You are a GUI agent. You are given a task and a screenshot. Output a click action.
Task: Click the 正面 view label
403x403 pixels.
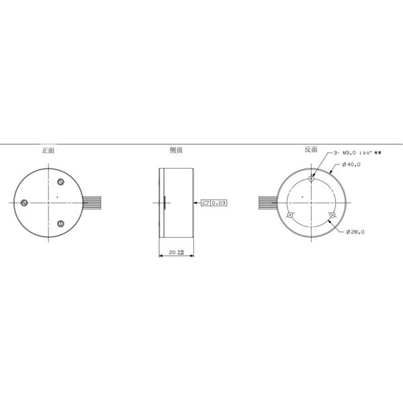tap(48, 150)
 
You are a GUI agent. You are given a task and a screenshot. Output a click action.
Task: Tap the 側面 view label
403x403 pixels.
tap(177, 151)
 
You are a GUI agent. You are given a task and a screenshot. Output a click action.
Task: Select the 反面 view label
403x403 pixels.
tap(310, 150)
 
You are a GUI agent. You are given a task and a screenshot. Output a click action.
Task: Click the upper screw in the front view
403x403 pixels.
tap(61, 182)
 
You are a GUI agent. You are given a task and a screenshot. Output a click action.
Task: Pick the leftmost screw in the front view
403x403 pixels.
tap(24, 202)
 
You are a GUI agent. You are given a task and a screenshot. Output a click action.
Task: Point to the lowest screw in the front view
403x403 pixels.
tap(61, 224)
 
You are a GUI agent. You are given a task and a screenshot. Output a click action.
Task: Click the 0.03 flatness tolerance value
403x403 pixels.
tap(219, 202)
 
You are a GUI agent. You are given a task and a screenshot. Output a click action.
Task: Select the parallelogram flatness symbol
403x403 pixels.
tap(206, 202)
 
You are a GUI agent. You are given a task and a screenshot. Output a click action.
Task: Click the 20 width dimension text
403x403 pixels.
tap(172, 253)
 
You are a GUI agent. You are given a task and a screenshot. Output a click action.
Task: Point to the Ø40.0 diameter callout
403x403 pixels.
tap(351, 164)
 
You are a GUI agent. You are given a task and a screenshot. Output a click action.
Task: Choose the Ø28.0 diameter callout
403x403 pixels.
tap(355, 232)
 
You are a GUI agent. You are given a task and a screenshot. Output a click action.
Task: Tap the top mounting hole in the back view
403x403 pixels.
tap(312, 179)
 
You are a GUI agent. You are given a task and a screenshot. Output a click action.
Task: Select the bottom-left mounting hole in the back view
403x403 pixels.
tap(290, 215)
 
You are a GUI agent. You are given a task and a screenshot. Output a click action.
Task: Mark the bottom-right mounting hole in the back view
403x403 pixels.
tap(332, 215)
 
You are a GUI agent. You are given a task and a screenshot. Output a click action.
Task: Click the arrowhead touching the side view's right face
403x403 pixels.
tap(195, 202)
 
